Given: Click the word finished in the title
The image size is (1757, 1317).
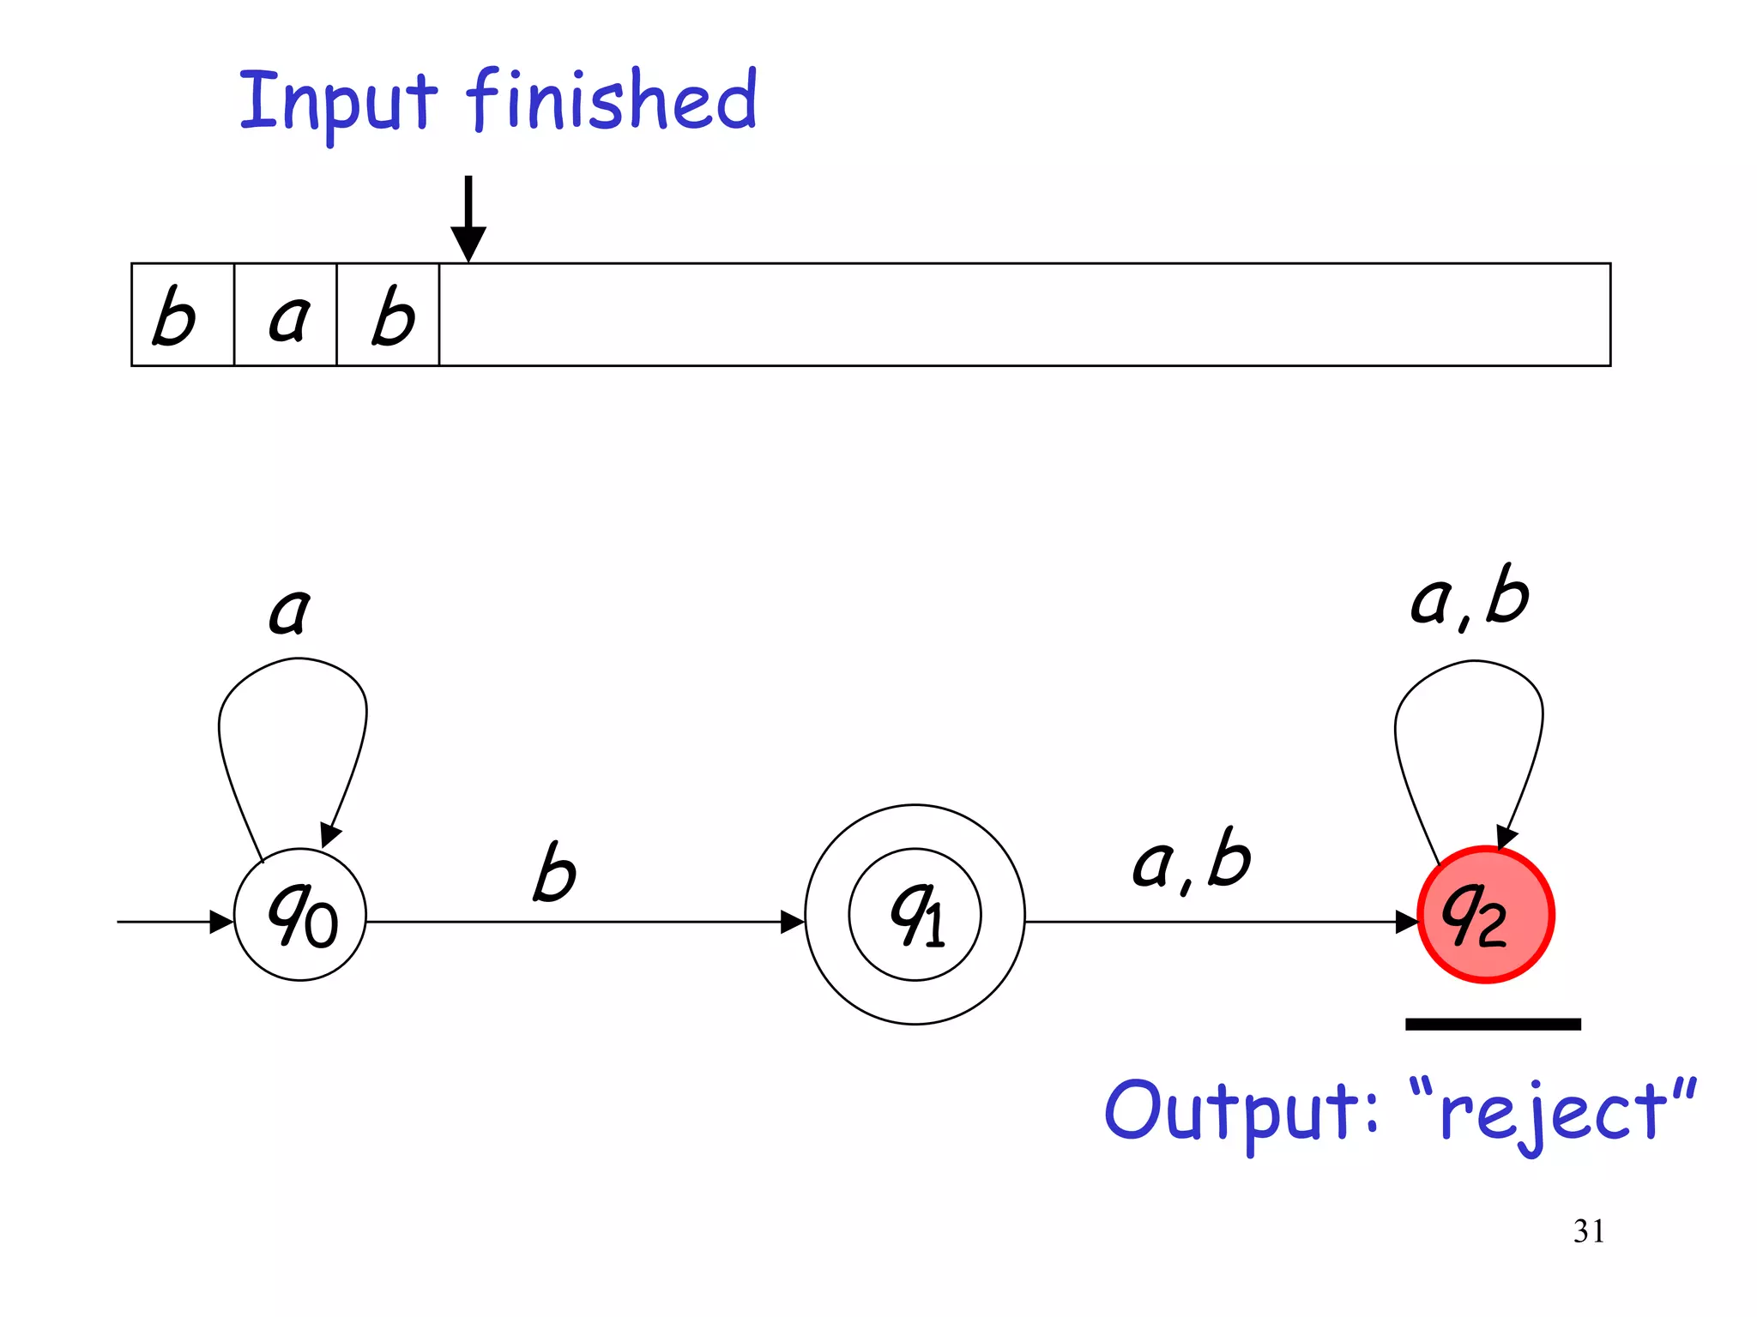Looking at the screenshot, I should click(x=612, y=100).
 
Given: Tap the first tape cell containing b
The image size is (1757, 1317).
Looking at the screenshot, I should click(x=182, y=316).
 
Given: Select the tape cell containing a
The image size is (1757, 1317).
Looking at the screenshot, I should click(x=286, y=316).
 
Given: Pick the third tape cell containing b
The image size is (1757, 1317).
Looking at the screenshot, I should click(x=389, y=316).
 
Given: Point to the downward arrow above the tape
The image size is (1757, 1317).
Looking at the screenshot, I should click(x=468, y=219).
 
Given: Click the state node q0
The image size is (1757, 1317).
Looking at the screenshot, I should click(x=300, y=915).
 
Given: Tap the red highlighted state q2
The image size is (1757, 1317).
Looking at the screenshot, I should click(x=1485, y=914).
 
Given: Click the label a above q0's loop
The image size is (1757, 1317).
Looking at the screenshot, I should click(x=289, y=610).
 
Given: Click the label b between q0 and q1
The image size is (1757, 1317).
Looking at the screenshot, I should click(x=554, y=873).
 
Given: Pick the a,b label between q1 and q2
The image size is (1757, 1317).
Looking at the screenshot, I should click(x=1192, y=860).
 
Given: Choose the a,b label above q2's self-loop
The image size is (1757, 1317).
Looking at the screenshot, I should click(x=1470, y=598).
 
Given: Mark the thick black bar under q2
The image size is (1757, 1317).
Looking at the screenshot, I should click(x=1493, y=1024).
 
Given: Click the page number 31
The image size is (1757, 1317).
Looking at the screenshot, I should click(x=1588, y=1231).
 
